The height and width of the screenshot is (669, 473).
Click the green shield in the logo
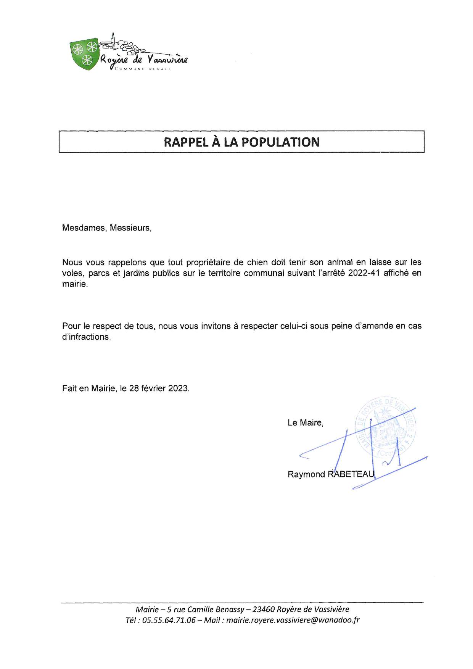pyautogui.click(x=84, y=54)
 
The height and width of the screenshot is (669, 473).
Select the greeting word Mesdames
pyautogui.click(x=84, y=228)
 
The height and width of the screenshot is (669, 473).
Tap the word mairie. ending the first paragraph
pyautogui.click(x=75, y=284)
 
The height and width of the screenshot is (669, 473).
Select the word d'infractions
pyautogui.click(x=86, y=337)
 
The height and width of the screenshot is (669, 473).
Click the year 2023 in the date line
pyautogui.click(x=179, y=388)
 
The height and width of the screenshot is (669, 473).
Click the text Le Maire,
pyautogui.click(x=306, y=422)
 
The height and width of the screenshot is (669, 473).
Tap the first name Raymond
pyautogui.click(x=306, y=474)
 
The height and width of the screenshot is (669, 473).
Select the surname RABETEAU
pyautogui.click(x=351, y=474)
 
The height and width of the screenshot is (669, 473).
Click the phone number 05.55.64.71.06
pyautogui.click(x=169, y=620)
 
